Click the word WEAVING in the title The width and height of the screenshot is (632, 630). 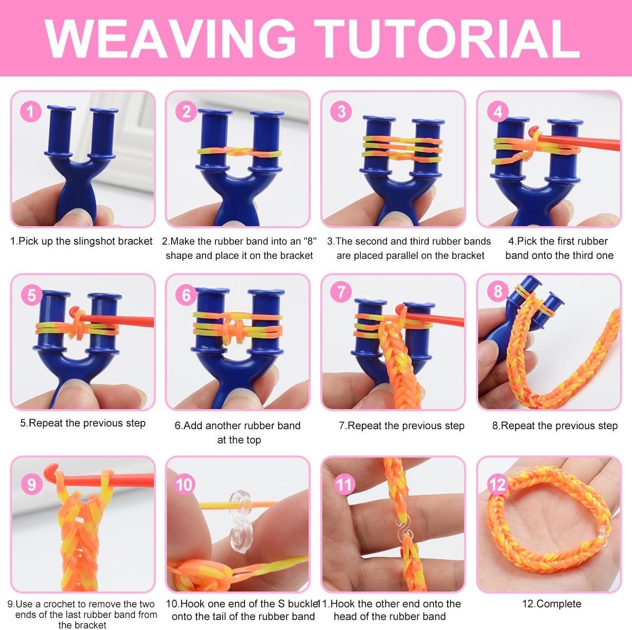pos(171,38)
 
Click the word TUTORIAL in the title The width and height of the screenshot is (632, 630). pos(447,38)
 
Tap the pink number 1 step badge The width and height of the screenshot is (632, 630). pos(31,112)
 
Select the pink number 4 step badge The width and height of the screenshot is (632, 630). pos(498,112)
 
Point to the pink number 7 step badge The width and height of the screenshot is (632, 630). pos(341,292)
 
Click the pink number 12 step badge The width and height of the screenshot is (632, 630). pos(498,484)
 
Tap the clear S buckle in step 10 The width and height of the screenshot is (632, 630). pos(240,521)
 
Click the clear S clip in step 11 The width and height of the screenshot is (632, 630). pos(404,534)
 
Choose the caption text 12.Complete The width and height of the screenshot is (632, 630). pos(551,604)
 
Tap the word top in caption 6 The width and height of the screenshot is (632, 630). pos(254,440)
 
